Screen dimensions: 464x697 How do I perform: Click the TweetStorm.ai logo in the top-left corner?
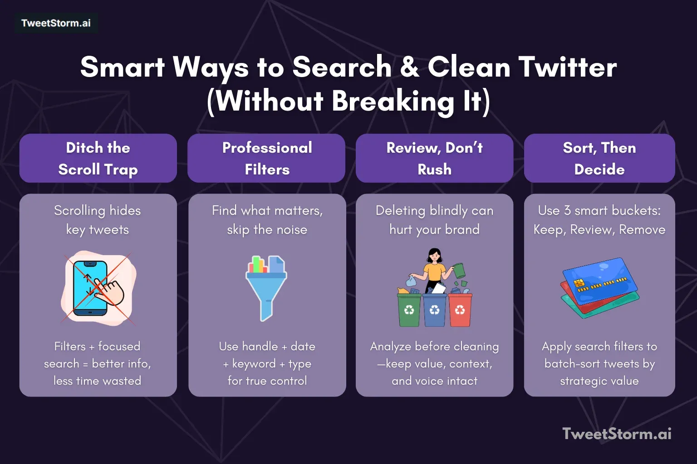[56, 23]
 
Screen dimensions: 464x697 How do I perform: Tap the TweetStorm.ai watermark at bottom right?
[617, 434]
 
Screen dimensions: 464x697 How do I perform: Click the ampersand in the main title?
[409, 68]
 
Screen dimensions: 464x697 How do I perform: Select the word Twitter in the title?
[568, 68]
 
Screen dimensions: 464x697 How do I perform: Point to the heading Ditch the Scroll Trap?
[98, 158]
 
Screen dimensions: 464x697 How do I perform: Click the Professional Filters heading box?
[267, 158]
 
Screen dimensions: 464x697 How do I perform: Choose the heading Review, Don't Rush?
[434, 158]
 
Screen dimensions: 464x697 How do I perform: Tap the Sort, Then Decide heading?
[599, 158]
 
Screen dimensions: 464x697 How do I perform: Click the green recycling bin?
[409, 310]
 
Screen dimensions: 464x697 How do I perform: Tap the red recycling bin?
[460, 310]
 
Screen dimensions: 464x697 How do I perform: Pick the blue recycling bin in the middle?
[434, 310]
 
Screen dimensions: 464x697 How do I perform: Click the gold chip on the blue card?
[579, 283]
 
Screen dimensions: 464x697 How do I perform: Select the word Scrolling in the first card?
[79, 211]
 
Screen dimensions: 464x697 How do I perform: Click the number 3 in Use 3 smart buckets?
[567, 211]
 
